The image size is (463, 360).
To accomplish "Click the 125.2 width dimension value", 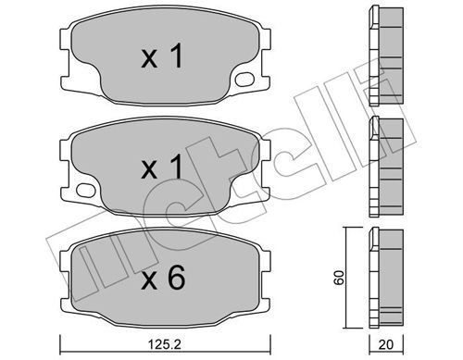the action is point(165,344).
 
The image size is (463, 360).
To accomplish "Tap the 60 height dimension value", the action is point(339,278).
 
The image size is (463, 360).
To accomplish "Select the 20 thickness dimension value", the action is point(386,344).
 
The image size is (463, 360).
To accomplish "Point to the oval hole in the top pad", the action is point(244,79).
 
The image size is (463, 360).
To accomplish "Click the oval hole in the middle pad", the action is point(85,190).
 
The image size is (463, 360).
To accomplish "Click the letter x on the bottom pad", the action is point(149,281).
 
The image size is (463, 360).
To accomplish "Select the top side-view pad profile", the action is point(386,56).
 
